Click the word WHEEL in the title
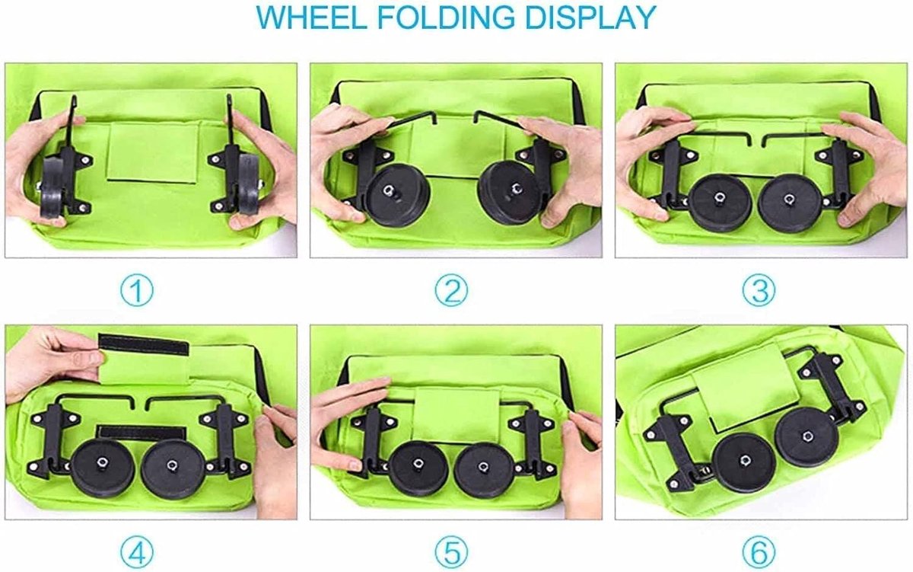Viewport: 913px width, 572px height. click(311, 18)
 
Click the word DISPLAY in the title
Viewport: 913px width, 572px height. click(590, 18)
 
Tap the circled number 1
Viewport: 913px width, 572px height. click(137, 291)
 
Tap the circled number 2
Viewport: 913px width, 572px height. click(451, 291)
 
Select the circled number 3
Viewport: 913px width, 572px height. click(759, 291)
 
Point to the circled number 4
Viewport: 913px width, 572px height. click(137, 552)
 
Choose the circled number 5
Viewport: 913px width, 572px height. click(451, 552)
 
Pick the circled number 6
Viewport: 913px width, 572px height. click(759, 552)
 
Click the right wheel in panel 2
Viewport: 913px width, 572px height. click(510, 193)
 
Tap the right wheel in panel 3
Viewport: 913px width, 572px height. click(790, 203)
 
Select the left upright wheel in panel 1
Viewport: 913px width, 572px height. click(53, 187)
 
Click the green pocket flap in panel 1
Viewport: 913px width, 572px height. click(152, 152)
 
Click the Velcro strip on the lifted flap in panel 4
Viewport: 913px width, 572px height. click(144, 344)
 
